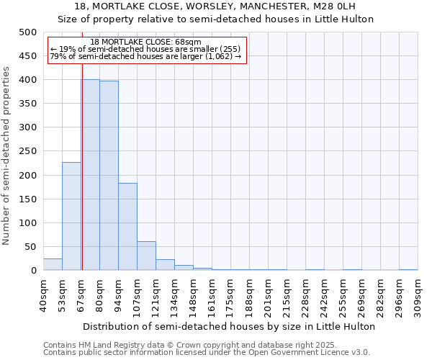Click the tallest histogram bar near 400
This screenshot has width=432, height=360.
90,175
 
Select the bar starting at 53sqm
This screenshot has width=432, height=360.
71,216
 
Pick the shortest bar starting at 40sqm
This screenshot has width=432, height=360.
53,264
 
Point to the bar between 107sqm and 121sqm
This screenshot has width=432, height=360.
146,256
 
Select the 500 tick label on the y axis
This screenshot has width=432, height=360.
28,32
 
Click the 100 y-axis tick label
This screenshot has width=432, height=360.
28,223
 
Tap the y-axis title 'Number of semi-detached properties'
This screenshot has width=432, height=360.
7,156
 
